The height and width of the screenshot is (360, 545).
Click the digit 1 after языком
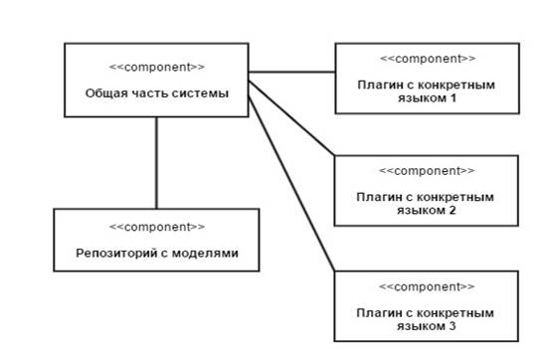[x=453, y=98]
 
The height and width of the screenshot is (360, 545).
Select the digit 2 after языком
[x=452, y=210]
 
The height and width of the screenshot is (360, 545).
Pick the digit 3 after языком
[x=452, y=326]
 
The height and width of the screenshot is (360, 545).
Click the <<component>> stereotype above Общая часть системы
[x=157, y=67]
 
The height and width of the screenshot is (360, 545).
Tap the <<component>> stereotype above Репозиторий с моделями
[x=157, y=227]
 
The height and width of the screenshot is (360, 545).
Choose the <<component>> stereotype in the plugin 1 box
[x=428, y=59]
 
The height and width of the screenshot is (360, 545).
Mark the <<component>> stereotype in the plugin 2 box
[x=427, y=171]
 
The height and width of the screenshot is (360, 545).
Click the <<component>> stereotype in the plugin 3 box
[x=427, y=286]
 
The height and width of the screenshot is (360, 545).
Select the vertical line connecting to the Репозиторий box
[x=156, y=163]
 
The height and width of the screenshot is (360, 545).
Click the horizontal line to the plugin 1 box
[x=292, y=73]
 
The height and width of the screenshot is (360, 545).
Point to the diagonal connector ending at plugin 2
[x=292, y=118]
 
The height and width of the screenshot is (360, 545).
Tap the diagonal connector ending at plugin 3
[x=292, y=184]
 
